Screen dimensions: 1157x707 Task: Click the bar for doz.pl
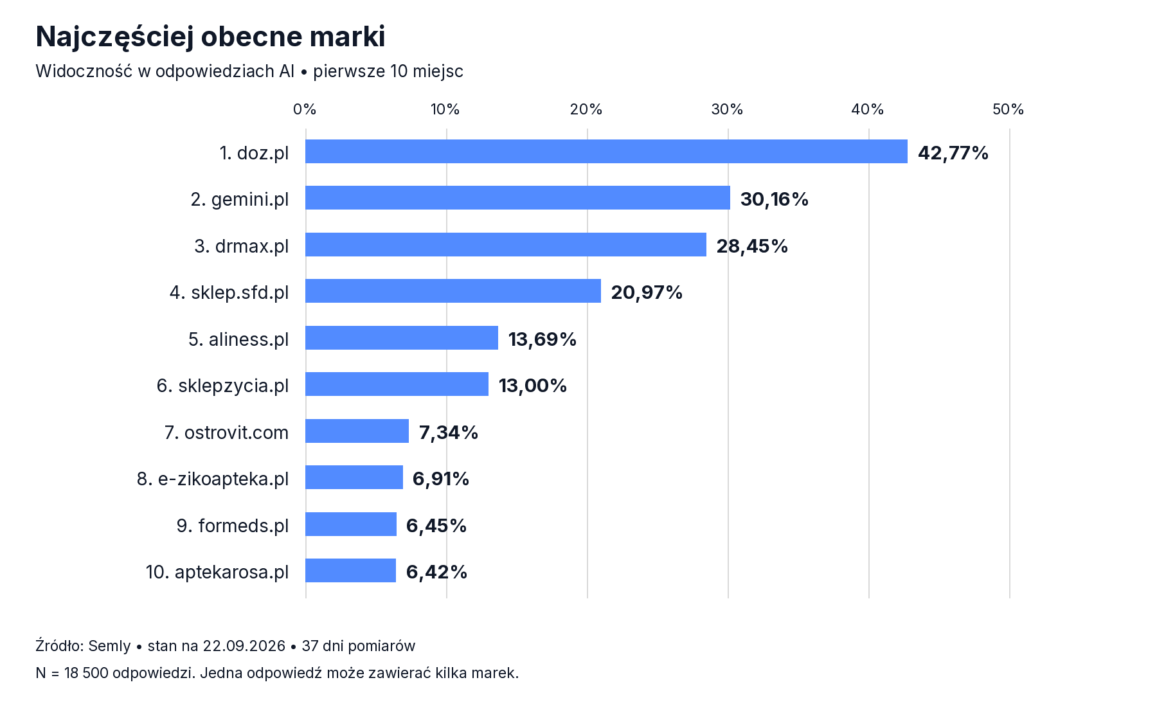pyautogui.click(x=606, y=152)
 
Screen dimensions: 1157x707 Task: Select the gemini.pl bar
pyautogui.click(x=517, y=198)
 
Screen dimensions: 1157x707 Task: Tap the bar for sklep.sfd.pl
pyautogui.click(x=453, y=291)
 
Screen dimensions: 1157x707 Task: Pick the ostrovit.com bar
pyautogui.click(x=357, y=431)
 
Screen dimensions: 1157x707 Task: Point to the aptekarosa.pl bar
pyautogui.click(x=350, y=571)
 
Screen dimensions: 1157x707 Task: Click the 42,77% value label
pyautogui.click(x=953, y=153)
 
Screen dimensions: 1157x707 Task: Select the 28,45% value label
pyautogui.click(x=752, y=246)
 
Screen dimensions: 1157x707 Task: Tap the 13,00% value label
pyautogui.click(x=533, y=386)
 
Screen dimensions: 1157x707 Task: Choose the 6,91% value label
pyautogui.click(x=441, y=479)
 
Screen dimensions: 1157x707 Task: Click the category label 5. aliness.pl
pyautogui.click(x=238, y=339)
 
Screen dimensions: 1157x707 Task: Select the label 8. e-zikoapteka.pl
pyautogui.click(x=213, y=479)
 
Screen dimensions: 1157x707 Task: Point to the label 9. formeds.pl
pyautogui.click(x=233, y=526)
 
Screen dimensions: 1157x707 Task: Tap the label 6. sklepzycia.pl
pyautogui.click(x=222, y=386)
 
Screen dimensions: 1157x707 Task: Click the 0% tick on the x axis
pyautogui.click(x=305, y=109)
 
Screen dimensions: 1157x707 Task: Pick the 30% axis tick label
pyautogui.click(x=727, y=109)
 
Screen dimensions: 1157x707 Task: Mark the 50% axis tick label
pyautogui.click(x=1009, y=109)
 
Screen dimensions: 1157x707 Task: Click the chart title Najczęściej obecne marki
pyautogui.click(x=211, y=37)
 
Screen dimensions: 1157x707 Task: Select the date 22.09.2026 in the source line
pyautogui.click(x=244, y=646)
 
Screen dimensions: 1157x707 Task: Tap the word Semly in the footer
pyautogui.click(x=109, y=646)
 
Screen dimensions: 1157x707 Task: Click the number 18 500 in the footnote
pyautogui.click(x=86, y=673)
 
